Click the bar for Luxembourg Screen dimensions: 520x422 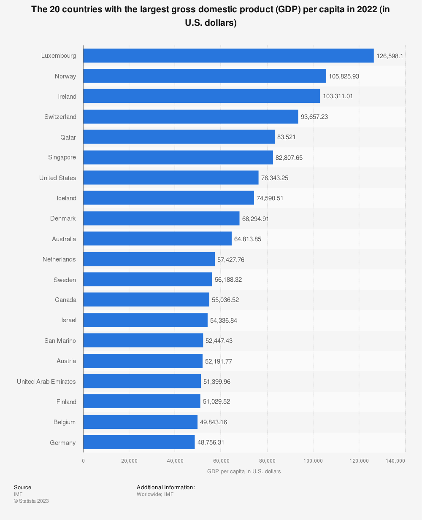[228, 56]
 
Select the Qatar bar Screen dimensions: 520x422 [179, 137]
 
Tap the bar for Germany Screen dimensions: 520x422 [139, 442]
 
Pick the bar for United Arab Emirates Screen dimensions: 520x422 [142, 381]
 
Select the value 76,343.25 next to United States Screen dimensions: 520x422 [274, 178]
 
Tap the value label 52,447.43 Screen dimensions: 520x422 [219, 341]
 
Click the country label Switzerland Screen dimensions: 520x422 [60, 117]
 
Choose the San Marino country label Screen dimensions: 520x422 [60, 341]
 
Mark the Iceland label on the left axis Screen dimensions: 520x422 [67, 198]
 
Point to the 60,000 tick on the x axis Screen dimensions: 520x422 [221, 461]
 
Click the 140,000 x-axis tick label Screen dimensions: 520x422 [395, 461]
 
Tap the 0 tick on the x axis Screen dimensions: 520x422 [83, 461]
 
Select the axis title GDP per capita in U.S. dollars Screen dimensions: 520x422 [244, 471]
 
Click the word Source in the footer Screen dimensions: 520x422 [22, 487]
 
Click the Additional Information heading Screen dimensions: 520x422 [165, 487]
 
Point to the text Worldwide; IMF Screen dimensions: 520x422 [155, 494]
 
